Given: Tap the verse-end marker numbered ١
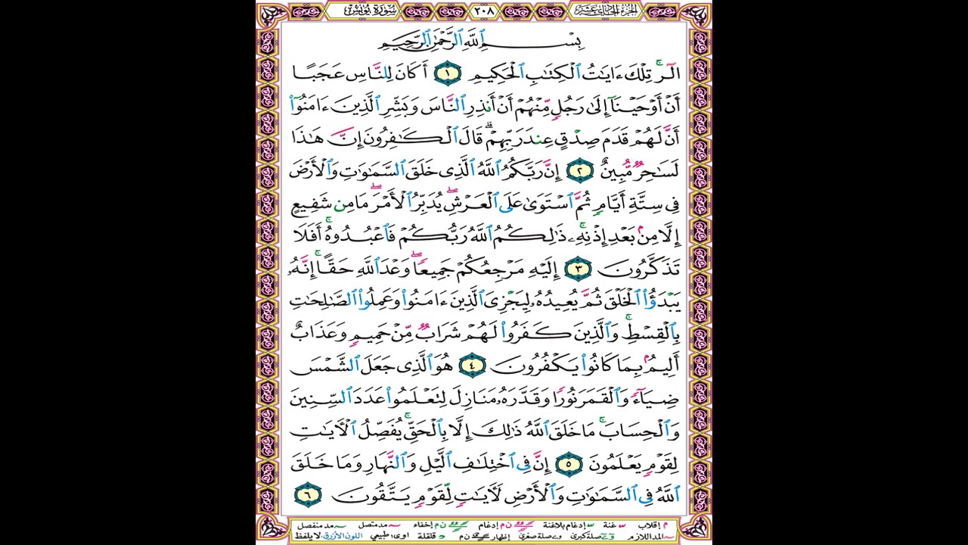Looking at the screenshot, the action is [448, 74].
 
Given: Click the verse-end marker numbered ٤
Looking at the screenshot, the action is [470, 367].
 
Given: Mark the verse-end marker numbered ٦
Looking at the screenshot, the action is [308, 496].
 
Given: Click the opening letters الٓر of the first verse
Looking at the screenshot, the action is [666, 74].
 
